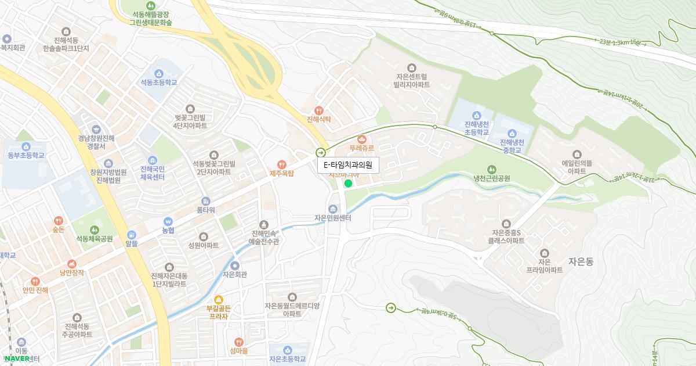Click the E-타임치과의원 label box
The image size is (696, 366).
coord(348,166)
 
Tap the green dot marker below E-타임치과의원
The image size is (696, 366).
coord(348,184)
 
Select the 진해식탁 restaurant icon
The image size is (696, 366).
coord(318,110)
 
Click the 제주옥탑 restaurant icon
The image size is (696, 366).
coord(282,164)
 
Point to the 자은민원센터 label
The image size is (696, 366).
coord(333,218)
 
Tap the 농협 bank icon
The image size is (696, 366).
coord(168,221)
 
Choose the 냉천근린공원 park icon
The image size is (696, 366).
coord(491,169)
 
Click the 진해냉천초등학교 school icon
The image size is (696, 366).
coord(477,115)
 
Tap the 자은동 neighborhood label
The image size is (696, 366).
coord(581,261)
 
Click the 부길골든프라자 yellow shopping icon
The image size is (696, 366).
coord(219,299)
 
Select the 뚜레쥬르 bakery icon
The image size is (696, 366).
coord(362,139)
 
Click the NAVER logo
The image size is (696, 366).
coord(17,358)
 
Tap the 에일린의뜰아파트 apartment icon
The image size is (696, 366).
coord(577,155)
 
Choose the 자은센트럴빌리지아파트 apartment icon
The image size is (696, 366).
coord(412,67)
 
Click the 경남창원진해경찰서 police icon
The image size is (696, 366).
coord(96,129)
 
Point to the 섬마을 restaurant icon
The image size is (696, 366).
coord(238,342)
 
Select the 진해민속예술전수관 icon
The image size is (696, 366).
coord(264,224)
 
